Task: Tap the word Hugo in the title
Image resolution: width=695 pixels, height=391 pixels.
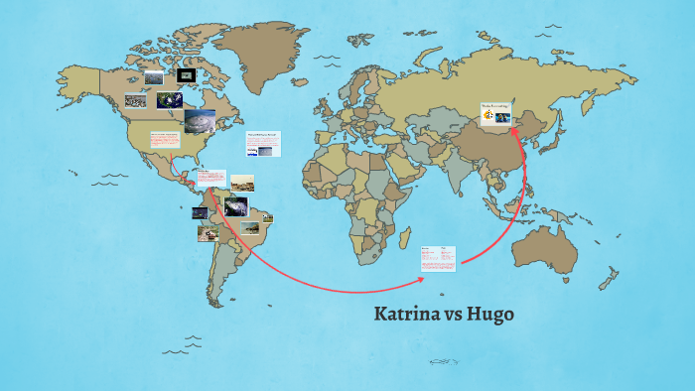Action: pos(493,315)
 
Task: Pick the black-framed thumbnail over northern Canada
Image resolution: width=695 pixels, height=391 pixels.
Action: pos(186,75)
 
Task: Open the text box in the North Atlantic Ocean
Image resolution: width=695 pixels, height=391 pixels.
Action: pos(263,143)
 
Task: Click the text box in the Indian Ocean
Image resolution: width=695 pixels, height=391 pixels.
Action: pos(437,259)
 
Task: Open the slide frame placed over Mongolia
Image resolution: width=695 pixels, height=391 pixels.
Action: pos(496,114)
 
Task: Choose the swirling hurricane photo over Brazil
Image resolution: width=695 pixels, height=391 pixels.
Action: pos(235,206)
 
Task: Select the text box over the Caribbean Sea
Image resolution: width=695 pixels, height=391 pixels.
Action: pos(209,179)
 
